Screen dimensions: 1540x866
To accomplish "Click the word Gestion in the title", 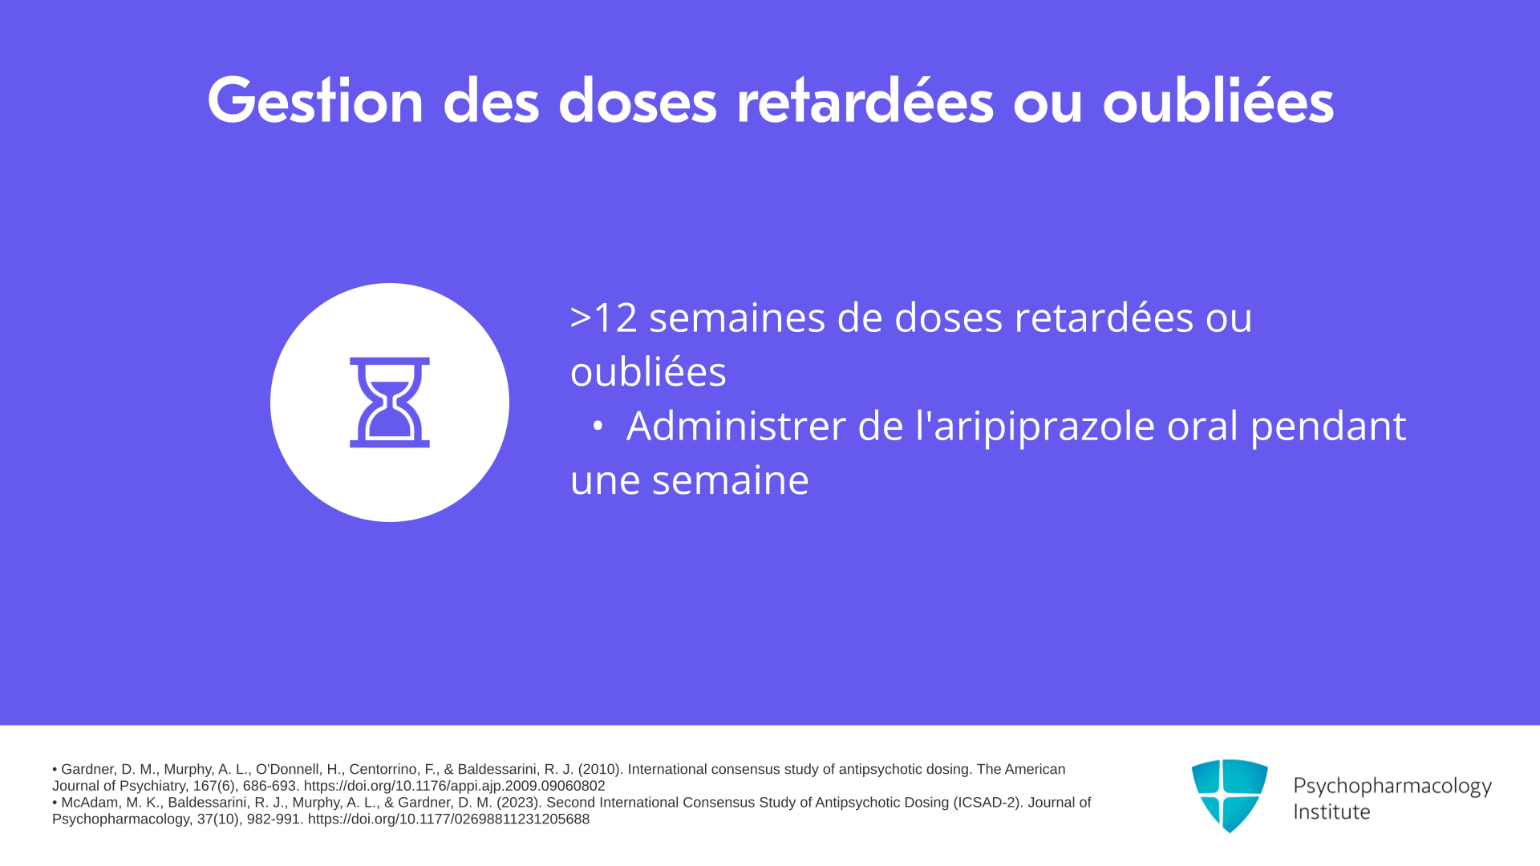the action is pyautogui.click(x=315, y=101).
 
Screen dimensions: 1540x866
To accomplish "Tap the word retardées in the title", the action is pyautogui.click(x=865, y=101).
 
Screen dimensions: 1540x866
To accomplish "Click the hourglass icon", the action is pyautogui.click(x=390, y=402).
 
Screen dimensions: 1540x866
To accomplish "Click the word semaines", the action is pyautogui.click(x=737, y=318).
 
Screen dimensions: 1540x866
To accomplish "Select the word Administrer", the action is pyautogui.click(x=736, y=425).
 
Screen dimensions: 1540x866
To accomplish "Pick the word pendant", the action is pyautogui.click(x=1328, y=427).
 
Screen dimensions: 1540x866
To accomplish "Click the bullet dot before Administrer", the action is pyautogui.click(x=597, y=427).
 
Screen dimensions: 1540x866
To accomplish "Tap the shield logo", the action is pyautogui.click(x=1230, y=796).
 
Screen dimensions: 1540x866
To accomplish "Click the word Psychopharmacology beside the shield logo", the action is pyautogui.click(x=1392, y=787).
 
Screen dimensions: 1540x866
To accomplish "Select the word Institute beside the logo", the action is pyautogui.click(x=1331, y=811).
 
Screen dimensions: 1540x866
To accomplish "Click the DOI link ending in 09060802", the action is pyautogui.click(x=455, y=787).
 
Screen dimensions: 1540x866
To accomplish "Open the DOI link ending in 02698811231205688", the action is pyautogui.click(x=449, y=819).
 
